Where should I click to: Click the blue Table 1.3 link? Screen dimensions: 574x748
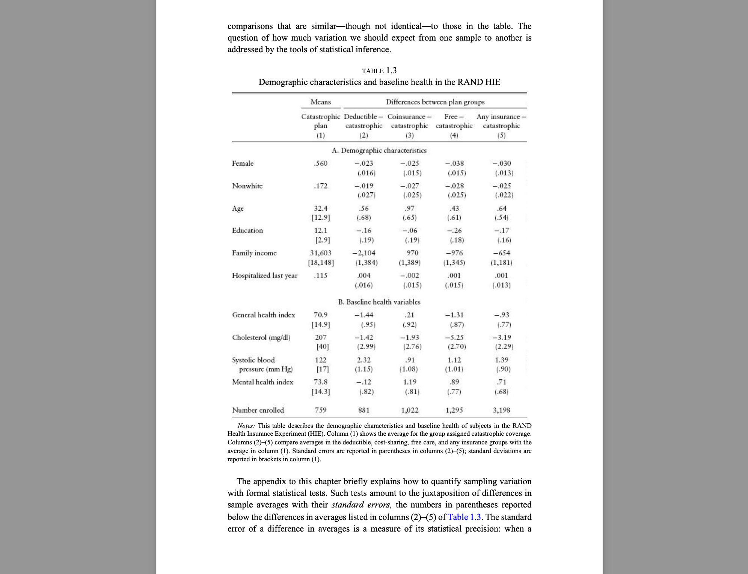pyautogui.click(x=464, y=517)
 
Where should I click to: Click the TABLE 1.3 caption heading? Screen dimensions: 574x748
pyautogui.click(x=379, y=71)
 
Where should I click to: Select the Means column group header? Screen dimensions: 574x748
pyautogui.click(x=321, y=102)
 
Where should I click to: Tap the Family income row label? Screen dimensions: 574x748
pyautogui.click(x=254, y=253)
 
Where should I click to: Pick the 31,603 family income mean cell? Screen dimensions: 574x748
pyautogui.click(x=321, y=253)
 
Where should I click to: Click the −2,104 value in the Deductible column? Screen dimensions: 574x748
pyautogui.click(x=364, y=253)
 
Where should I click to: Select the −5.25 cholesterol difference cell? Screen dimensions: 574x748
pyautogui.click(x=454, y=337)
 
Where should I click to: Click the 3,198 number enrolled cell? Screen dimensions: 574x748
pyautogui.click(x=501, y=410)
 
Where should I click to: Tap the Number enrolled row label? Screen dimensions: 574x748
pyautogui.click(x=258, y=410)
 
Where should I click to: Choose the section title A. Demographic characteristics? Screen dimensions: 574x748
pyautogui.click(x=379, y=150)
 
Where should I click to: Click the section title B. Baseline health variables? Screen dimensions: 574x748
pyautogui.click(x=379, y=302)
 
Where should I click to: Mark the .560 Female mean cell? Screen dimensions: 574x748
pyautogui.click(x=321, y=163)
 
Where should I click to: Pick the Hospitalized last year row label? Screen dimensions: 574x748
pyautogui.click(x=265, y=275)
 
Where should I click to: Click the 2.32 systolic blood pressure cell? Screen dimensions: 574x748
pyautogui.click(x=364, y=360)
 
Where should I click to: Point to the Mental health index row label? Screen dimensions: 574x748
pyautogui.click(x=262, y=382)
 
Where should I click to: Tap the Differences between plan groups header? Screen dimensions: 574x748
pyautogui.click(x=435, y=102)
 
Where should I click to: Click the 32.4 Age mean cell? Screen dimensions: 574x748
pyautogui.click(x=321, y=208)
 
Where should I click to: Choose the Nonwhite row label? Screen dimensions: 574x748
pyautogui.click(x=247, y=186)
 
